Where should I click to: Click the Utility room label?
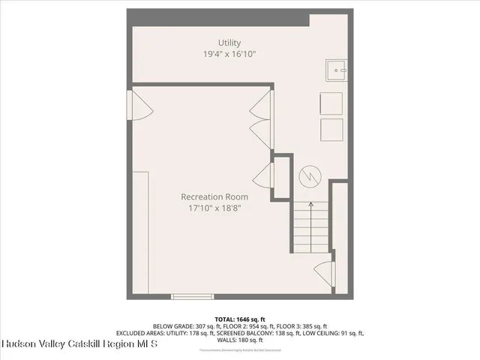229,43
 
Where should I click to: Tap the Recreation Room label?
214,197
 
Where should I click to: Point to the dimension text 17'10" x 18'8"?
214,208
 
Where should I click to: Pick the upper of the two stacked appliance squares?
331,103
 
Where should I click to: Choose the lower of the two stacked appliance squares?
331,129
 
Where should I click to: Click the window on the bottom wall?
193,296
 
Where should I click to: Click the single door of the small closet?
263,177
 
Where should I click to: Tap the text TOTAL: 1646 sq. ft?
240,319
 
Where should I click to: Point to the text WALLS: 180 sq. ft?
240,340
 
